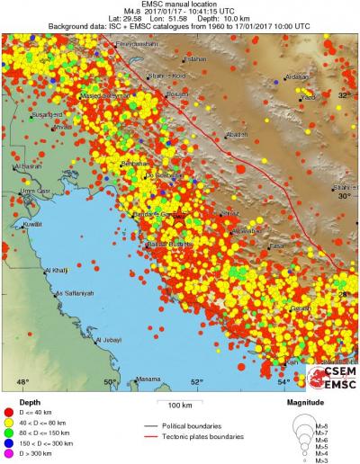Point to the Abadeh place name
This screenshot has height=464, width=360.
coord(237,134)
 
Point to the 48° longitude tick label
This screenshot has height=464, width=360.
coord(23,382)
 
